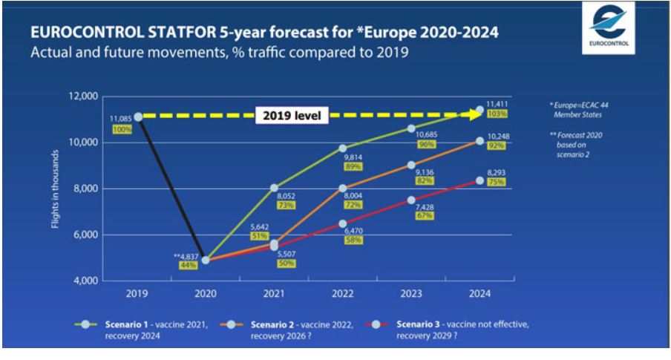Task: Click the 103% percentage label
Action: pyautogui.click(x=497, y=114)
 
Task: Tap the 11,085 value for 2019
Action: pyautogui.click(x=121, y=118)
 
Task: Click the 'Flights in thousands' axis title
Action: pyautogui.click(x=56, y=189)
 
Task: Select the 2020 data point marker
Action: pyautogui.click(x=206, y=261)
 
